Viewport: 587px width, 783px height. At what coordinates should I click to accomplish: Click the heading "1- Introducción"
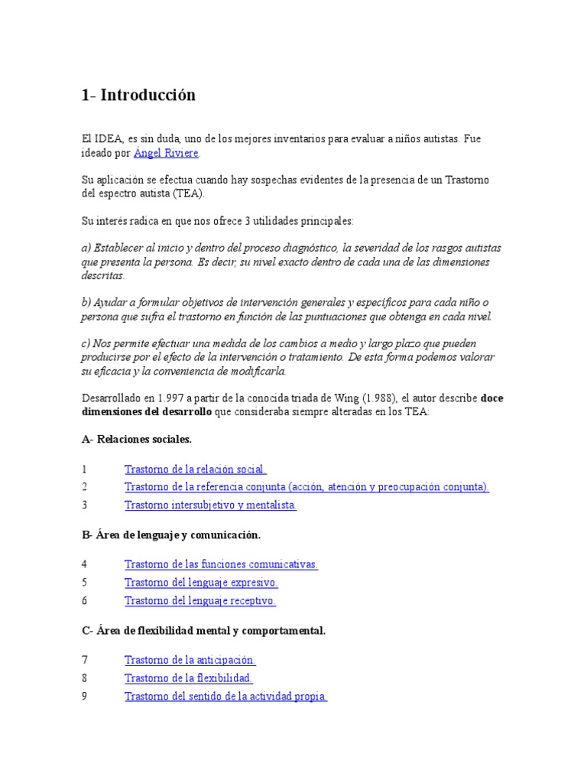(138, 96)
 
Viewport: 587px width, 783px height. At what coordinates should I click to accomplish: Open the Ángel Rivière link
(166, 153)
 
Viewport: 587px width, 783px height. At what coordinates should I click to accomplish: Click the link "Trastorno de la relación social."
(195, 469)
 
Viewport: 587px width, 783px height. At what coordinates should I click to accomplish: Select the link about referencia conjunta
(306, 486)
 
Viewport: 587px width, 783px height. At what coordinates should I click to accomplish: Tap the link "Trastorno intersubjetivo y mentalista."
(210, 505)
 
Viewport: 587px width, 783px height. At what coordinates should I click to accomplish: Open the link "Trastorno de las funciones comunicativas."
(221, 564)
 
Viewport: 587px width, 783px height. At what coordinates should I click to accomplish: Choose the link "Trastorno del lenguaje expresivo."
(201, 582)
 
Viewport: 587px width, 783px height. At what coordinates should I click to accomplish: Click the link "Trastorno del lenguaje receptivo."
(199, 600)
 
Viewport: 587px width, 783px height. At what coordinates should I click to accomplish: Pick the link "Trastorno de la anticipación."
(190, 660)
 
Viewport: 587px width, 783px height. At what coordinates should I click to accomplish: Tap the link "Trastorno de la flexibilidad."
(188, 678)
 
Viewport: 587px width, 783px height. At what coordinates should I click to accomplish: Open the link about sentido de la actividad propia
(225, 696)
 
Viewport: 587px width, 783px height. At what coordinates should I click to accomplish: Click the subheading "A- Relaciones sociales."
(137, 440)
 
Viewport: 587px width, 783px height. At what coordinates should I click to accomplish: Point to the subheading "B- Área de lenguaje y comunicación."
(177, 534)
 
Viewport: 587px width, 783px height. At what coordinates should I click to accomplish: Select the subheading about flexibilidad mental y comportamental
(203, 630)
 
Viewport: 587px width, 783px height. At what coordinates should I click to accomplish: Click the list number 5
(85, 583)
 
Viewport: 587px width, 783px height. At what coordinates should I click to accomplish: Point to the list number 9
(85, 697)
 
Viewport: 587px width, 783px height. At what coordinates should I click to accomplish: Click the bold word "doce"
(492, 398)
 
